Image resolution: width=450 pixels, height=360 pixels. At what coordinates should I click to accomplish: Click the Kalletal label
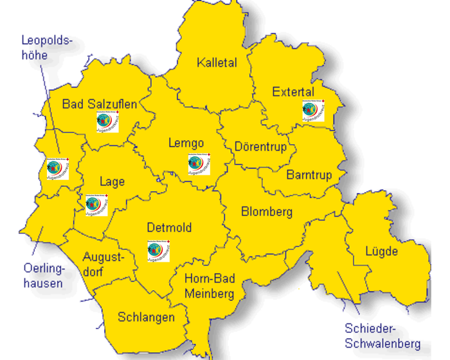(217, 63)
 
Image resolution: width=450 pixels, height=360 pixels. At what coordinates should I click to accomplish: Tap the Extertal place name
(293, 92)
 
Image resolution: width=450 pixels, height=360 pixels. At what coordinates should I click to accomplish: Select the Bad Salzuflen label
(99, 104)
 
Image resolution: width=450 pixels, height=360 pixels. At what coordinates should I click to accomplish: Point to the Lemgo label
(186, 143)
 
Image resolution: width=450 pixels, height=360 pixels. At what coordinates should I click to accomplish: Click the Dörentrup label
(260, 147)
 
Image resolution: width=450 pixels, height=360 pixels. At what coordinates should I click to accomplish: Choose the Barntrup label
(309, 175)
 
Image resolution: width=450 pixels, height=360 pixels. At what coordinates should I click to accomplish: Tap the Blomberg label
(266, 212)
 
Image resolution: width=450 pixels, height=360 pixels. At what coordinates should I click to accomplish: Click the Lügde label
(382, 251)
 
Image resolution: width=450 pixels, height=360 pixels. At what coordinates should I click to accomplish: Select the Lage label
(112, 182)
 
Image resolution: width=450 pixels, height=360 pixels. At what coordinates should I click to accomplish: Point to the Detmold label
(169, 228)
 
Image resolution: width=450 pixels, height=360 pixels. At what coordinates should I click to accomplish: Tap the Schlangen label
(146, 318)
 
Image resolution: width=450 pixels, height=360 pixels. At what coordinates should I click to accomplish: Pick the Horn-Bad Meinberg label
(210, 286)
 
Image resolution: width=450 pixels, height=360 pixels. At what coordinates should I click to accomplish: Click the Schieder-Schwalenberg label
(382, 334)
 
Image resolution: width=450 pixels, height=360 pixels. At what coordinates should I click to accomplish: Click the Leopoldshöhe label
(47, 48)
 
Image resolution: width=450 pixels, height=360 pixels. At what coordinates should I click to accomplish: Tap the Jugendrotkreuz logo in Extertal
(313, 111)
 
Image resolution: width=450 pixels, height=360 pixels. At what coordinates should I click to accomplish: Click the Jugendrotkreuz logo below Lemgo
(199, 165)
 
